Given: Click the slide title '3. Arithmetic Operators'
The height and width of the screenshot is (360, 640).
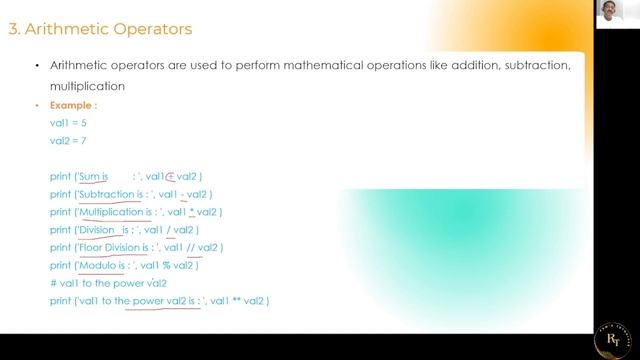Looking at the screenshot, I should click(100, 29).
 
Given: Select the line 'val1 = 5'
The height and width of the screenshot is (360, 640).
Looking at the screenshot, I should click(68, 123).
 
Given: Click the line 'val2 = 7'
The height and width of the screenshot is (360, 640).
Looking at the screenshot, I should click(68, 141).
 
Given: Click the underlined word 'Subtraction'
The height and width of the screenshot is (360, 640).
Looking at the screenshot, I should click(106, 194).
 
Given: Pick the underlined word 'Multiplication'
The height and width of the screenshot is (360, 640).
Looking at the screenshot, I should click(112, 212).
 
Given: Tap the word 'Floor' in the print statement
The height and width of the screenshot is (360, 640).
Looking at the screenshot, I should click(91, 248).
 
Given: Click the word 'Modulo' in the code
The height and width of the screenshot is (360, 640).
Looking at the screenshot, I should click(97, 266).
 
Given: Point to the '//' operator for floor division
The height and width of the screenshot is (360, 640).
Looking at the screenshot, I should click(190, 248).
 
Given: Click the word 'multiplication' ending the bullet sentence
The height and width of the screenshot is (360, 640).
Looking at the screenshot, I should click(86, 86).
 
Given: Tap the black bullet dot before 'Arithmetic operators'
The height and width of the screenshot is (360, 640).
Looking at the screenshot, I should click(37, 66).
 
